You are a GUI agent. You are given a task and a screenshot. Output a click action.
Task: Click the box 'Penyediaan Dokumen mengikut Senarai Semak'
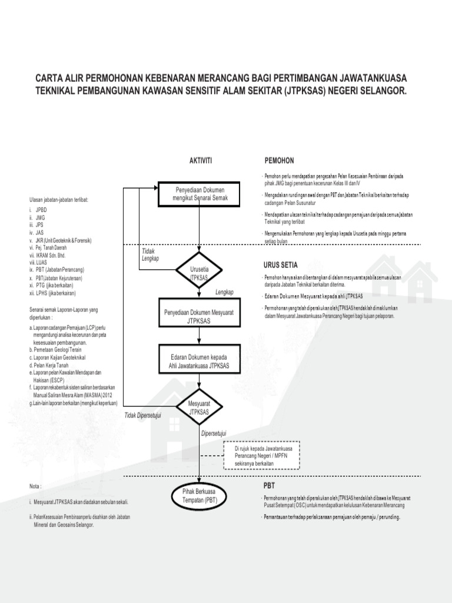tap(200, 195)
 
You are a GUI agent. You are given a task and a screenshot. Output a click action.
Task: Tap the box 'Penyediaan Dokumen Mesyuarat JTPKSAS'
tap(200, 316)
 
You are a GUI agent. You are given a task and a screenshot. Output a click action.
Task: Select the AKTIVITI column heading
tap(200, 160)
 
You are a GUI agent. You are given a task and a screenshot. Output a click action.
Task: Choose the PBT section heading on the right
tap(268, 487)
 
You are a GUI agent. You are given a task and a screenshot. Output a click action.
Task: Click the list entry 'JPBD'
tap(40, 210)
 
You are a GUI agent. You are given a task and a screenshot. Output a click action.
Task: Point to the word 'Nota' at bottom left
tap(36, 486)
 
